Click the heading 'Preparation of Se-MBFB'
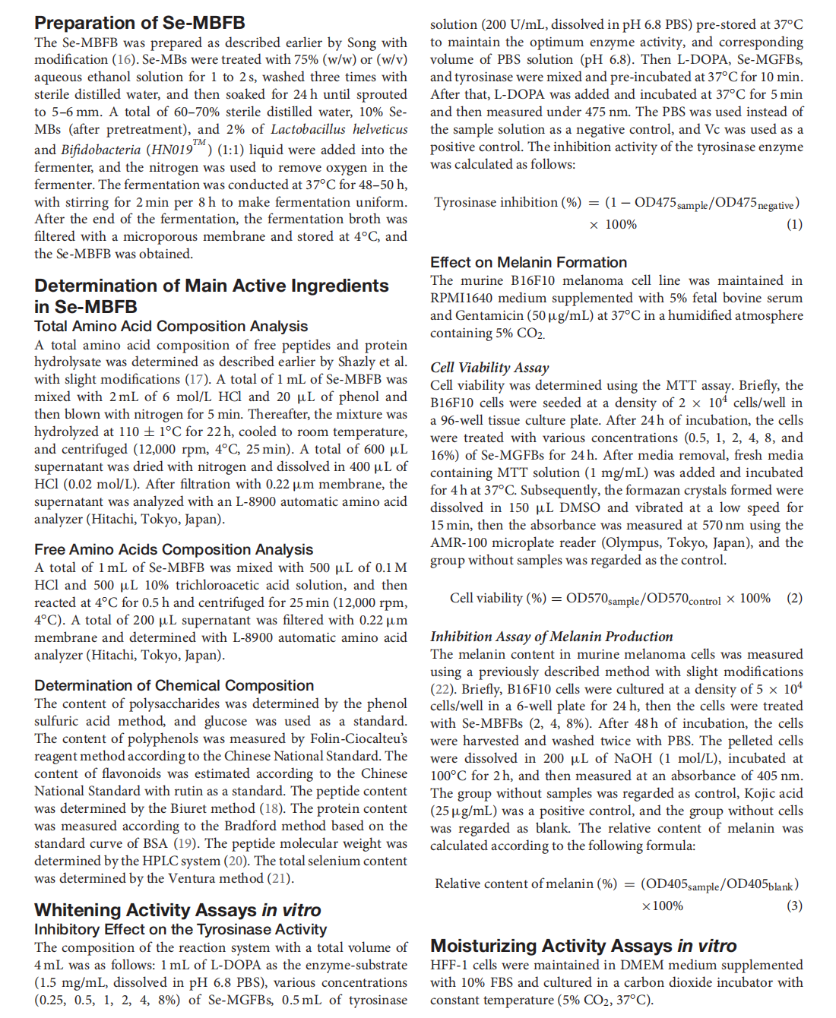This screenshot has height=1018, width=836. point(139,23)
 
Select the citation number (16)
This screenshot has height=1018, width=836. point(125,59)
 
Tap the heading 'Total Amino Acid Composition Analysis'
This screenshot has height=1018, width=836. point(171,326)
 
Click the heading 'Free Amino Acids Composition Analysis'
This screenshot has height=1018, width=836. point(173,549)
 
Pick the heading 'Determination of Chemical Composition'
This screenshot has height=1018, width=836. point(174,685)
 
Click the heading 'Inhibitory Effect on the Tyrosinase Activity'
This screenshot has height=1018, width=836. point(180,929)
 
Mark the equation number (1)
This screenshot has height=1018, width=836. point(794,224)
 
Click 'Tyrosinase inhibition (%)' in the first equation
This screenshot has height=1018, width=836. point(507,202)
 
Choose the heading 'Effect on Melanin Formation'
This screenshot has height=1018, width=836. point(528,262)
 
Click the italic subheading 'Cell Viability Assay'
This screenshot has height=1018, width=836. point(489,368)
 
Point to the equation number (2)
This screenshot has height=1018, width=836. point(794,598)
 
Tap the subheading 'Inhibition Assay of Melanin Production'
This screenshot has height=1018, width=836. point(551,637)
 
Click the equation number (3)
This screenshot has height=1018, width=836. point(794,906)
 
